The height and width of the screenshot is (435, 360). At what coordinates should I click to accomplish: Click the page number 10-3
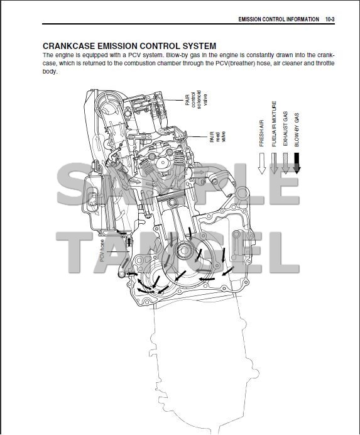click(330, 19)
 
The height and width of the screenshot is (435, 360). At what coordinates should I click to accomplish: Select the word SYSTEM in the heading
click(199, 46)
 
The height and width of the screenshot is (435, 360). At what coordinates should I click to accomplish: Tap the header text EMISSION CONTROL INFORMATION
click(278, 19)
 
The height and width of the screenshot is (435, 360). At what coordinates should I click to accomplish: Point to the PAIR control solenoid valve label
click(196, 100)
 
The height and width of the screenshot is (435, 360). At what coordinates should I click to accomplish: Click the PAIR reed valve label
click(217, 137)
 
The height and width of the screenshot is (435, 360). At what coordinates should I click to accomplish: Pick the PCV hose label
click(102, 251)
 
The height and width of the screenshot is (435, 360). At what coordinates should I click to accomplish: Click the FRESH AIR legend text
click(261, 133)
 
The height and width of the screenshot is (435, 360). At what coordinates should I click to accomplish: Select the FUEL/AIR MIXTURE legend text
click(274, 124)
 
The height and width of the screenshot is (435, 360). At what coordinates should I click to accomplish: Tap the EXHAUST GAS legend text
click(285, 129)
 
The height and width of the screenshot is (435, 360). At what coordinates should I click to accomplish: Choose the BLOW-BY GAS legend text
click(297, 129)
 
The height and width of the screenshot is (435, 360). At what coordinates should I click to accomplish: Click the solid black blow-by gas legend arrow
click(297, 163)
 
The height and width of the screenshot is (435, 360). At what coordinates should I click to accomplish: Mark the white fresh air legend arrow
click(261, 163)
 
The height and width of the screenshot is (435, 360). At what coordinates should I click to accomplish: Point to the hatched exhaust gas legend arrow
click(285, 163)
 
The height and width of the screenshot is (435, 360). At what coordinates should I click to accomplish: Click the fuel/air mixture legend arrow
click(274, 163)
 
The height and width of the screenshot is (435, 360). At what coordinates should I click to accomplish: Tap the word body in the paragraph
click(50, 71)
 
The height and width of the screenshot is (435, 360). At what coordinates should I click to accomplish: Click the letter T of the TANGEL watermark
click(74, 253)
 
